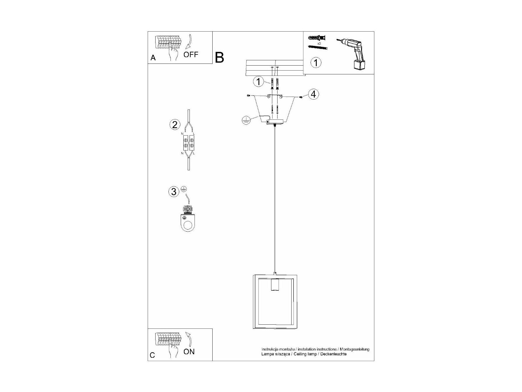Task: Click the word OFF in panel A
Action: pos(191,54)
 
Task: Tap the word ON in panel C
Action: pos(189,352)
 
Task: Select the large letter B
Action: pos(219,58)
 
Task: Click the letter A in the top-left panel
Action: pos(153,58)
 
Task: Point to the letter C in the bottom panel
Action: pos(152,355)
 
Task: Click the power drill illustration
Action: pos(352,54)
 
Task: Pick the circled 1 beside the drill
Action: pos(316,63)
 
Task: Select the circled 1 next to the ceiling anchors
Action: pos(259,82)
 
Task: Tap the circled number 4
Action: pos(313,95)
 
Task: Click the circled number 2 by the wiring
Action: pos(175,125)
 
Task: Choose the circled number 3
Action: pos(174,192)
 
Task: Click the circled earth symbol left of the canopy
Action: pos(246,120)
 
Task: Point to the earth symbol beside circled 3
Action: pos(184,189)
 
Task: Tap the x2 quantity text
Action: pos(319,43)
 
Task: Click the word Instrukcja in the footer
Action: pos(270,349)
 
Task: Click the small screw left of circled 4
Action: pos(301,97)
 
